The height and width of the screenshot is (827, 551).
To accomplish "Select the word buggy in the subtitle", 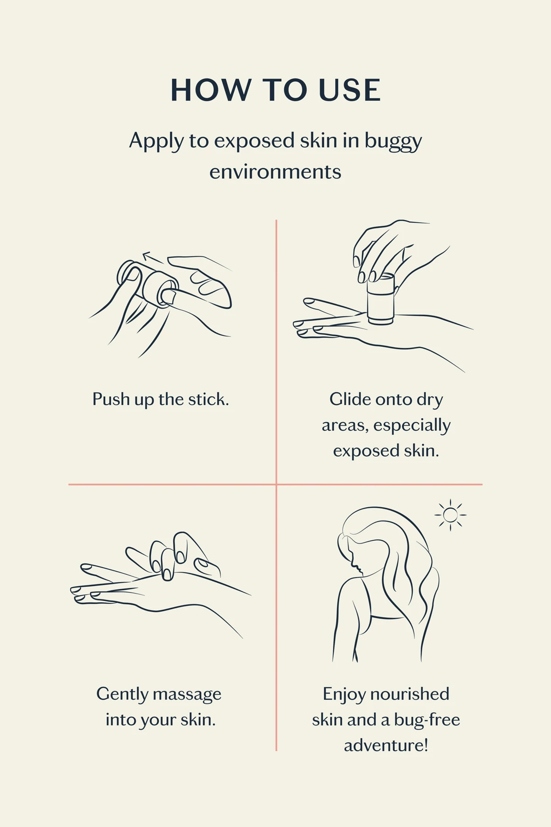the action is [393, 142].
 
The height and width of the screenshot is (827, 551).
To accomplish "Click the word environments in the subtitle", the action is [275, 172].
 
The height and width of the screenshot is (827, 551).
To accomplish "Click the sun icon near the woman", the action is [450, 515].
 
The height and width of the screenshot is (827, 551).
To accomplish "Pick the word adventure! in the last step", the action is [386, 745].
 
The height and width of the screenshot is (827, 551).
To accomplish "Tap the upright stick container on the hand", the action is [381, 300].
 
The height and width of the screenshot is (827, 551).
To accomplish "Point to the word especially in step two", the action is [412, 425].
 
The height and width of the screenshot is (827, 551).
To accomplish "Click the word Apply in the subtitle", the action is [156, 141].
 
